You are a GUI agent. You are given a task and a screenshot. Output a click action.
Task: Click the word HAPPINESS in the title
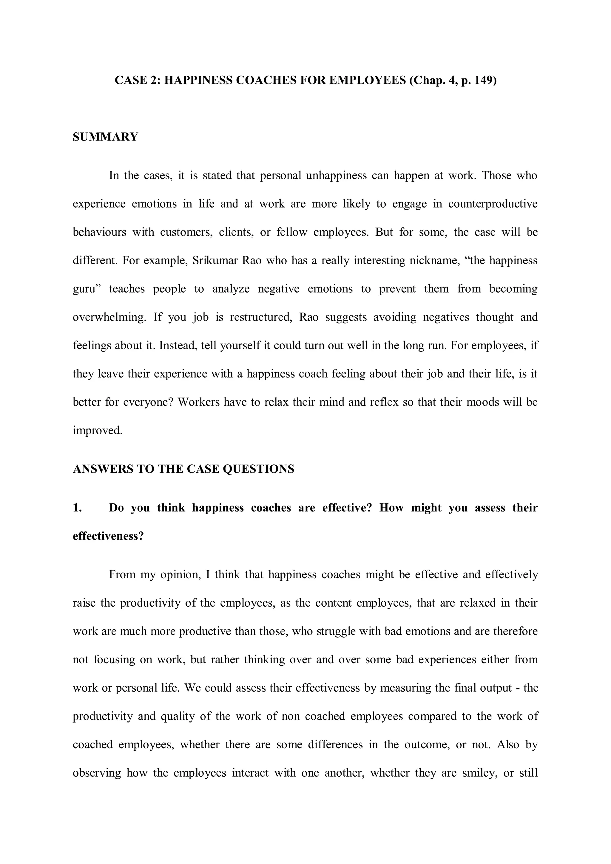(x=198, y=80)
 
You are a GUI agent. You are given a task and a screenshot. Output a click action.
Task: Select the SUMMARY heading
(x=105, y=137)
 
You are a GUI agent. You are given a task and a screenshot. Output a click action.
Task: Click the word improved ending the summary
(x=98, y=430)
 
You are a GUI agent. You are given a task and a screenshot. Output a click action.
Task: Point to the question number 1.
(x=77, y=508)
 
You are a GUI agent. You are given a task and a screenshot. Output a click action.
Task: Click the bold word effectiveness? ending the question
(x=108, y=536)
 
